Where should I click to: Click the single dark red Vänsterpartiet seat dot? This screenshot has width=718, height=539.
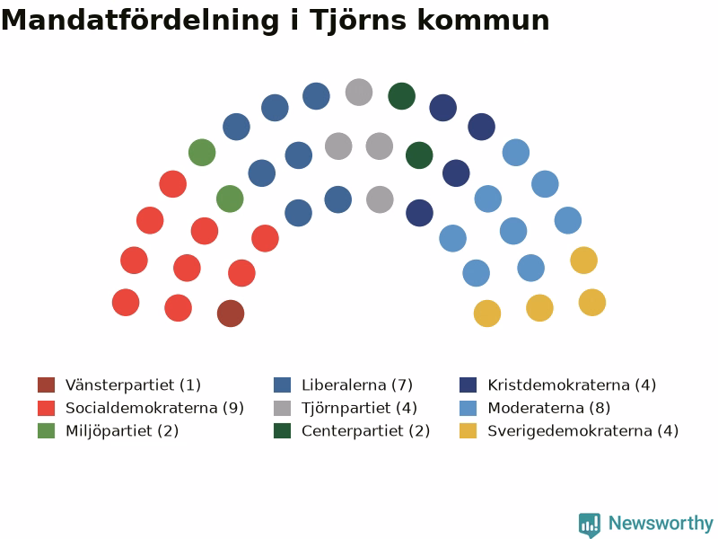pyautogui.click(x=231, y=314)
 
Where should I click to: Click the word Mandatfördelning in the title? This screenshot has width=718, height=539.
pyautogui.click(x=140, y=21)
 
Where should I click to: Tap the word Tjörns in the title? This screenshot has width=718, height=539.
pyautogui.click(x=358, y=21)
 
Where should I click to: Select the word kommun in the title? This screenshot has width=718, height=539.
pyautogui.click(x=483, y=21)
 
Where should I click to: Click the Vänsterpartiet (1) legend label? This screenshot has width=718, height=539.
pyautogui.click(x=133, y=385)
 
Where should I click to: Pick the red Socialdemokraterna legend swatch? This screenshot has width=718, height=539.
pyautogui.click(x=47, y=408)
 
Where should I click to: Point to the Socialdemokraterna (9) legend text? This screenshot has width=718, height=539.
pyautogui.click(x=154, y=408)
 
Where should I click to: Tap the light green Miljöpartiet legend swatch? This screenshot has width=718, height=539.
pyautogui.click(x=47, y=431)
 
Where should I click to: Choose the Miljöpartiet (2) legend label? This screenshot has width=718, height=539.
pyautogui.click(x=122, y=431)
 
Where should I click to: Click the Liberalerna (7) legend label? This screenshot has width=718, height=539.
pyautogui.click(x=357, y=385)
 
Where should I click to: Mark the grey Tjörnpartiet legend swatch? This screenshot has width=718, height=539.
pyautogui.click(x=282, y=408)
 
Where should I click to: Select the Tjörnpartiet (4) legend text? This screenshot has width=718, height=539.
pyautogui.click(x=360, y=408)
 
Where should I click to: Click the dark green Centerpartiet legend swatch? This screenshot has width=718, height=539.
pyautogui.click(x=282, y=431)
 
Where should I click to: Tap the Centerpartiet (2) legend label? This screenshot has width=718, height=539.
pyautogui.click(x=366, y=431)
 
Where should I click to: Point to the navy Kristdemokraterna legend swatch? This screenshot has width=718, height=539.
pyautogui.click(x=468, y=385)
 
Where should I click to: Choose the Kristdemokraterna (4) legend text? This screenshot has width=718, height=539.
pyautogui.click(x=572, y=385)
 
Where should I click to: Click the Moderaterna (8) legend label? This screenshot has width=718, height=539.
pyautogui.click(x=549, y=408)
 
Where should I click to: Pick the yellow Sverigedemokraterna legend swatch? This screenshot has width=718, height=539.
pyautogui.click(x=468, y=431)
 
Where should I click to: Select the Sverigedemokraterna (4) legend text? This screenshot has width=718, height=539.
pyautogui.click(x=582, y=431)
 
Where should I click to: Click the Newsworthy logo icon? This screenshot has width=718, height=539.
pyautogui.click(x=590, y=525)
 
